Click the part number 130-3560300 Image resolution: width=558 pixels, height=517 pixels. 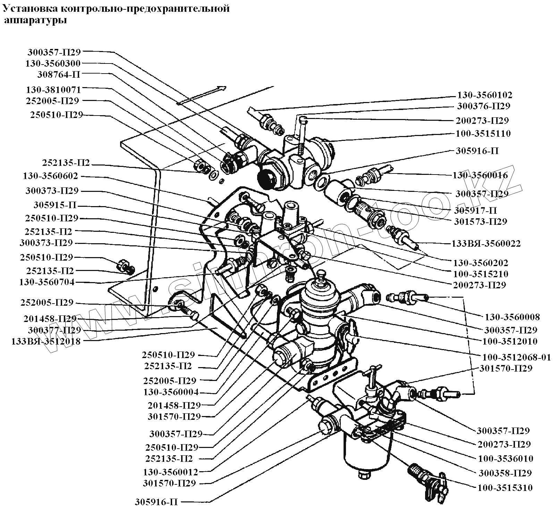pos(53,63)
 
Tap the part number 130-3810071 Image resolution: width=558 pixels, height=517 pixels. pos(53,90)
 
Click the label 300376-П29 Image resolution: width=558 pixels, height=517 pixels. pos(483,106)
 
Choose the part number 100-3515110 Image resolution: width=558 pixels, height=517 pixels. pos(483,133)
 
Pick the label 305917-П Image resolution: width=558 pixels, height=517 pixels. pos(475,210)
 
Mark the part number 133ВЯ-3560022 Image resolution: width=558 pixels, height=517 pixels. pos(486,244)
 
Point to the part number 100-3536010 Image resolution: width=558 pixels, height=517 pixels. pos(506,458)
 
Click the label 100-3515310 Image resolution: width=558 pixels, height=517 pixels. pos(505,488)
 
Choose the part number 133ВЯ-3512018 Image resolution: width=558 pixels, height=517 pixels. pos(46,341)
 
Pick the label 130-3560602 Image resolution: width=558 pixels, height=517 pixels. pos(51,176)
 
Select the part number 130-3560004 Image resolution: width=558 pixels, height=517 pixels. pos(171,392)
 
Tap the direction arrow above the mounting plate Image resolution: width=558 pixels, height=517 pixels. pos(202,95)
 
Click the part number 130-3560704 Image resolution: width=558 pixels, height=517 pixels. pos(46,282)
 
